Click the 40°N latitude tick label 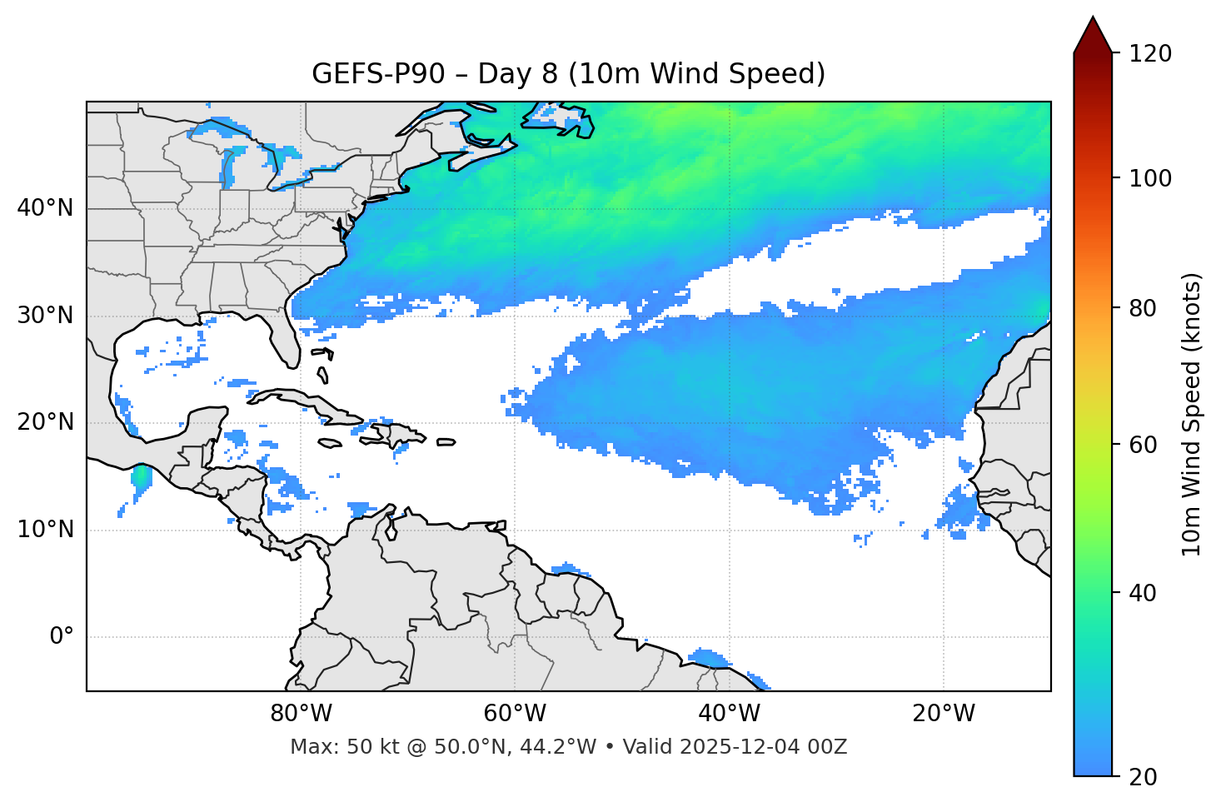45,208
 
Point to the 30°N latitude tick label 45,316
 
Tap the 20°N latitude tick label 45,422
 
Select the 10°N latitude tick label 45,530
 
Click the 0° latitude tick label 62,637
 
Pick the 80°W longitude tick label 301,714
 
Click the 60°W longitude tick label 515,714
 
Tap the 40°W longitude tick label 729,714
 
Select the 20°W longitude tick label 943,714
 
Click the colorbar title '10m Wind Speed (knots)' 1193,415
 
